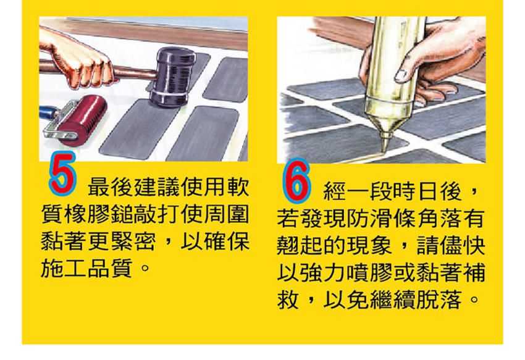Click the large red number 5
pyautogui.click(x=62, y=173)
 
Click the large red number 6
pyautogui.click(x=296, y=180)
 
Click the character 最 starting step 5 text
pyautogui.click(x=98, y=187)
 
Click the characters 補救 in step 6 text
pyautogui.click(x=381, y=286)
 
